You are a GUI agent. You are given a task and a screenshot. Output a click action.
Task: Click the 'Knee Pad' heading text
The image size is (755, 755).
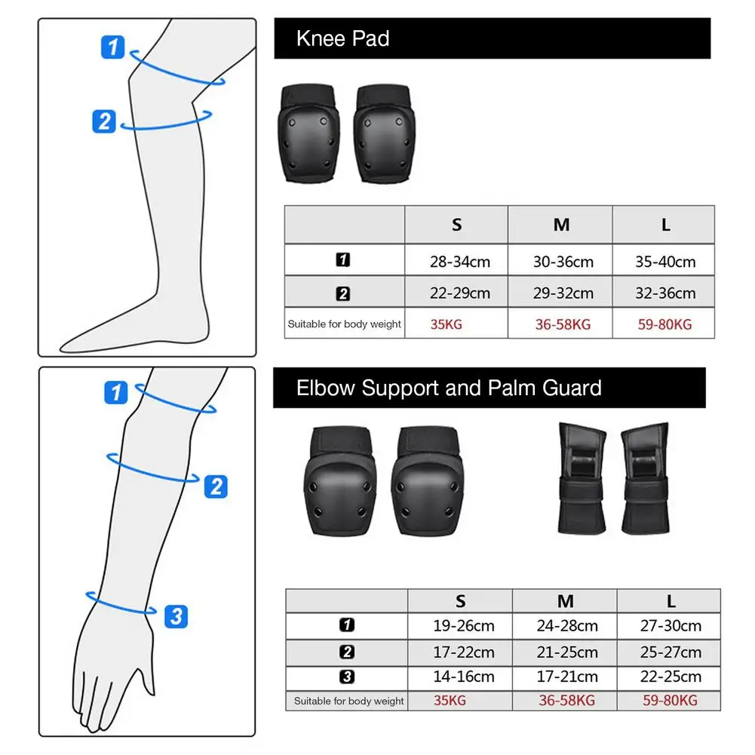pos(342,39)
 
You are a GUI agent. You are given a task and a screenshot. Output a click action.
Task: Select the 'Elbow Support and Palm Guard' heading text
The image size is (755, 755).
pos(449,388)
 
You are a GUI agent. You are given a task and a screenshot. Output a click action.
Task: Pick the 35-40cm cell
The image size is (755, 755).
pos(664,262)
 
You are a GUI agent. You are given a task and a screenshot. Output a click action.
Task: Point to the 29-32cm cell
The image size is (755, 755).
pos(562,293)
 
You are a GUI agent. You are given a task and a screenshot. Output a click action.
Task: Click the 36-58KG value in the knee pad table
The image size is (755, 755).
pos(562,324)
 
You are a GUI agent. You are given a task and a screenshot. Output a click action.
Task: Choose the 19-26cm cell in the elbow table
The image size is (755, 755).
pos(463,626)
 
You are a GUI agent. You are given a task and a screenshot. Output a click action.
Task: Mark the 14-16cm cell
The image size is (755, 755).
pos(463,677)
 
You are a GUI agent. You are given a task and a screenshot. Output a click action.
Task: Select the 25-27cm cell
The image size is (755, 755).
pos(671,652)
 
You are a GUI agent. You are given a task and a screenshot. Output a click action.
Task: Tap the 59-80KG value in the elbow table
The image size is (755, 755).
pos(670,701)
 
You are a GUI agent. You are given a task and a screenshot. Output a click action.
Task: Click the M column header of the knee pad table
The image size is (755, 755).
pos(561,225)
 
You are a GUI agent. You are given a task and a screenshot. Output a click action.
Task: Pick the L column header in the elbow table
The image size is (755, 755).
pos(671,601)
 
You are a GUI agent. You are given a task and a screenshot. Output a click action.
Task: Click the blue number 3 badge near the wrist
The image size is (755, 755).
pos(175,616)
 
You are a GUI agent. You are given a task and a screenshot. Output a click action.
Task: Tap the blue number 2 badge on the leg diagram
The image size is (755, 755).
pos(104,121)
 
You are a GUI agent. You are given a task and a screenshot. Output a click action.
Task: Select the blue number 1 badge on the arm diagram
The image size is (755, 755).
pos(115,392)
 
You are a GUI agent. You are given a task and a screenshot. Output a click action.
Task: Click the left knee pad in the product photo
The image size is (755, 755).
pos(309,134)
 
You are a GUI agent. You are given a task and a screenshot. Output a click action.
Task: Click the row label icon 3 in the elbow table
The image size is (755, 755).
pos(347,677)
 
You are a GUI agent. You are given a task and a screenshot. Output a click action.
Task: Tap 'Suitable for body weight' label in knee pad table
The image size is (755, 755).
pos(344,324)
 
